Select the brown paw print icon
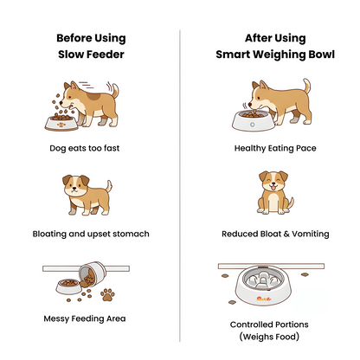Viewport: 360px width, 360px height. pos(108,294)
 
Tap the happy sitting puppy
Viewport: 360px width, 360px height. pos(273,194)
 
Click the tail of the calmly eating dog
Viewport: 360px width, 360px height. pos(304,87)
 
